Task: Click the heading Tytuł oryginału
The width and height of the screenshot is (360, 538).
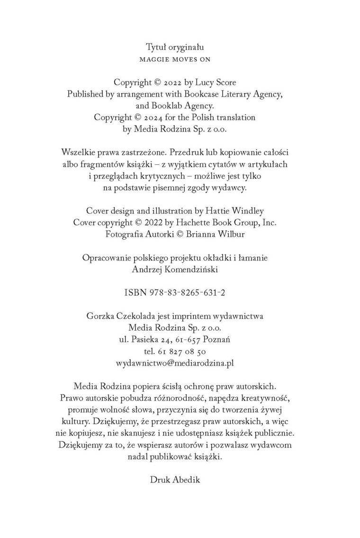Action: [179, 47]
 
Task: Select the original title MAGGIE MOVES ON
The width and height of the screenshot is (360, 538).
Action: [179, 60]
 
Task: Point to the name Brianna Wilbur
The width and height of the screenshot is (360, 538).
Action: [225, 234]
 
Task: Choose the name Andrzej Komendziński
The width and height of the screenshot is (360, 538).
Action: [180, 269]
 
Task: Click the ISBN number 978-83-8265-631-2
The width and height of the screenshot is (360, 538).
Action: [190, 293]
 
